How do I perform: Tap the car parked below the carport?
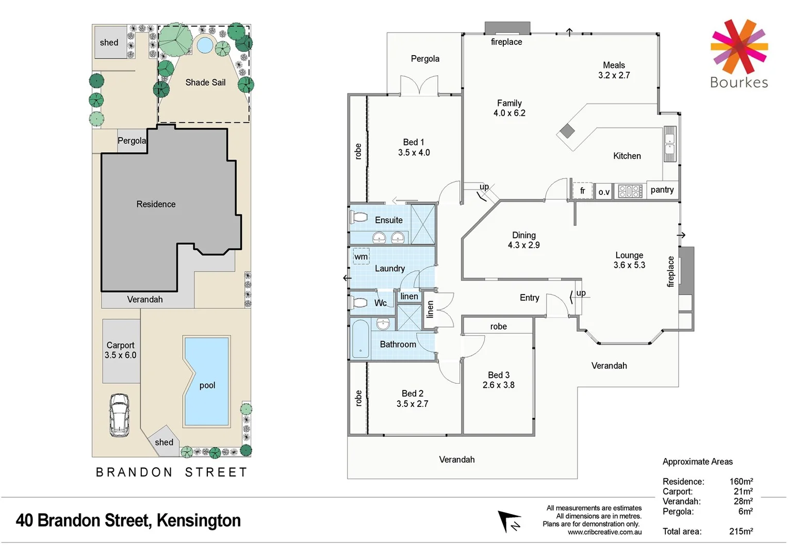(x=119, y=415)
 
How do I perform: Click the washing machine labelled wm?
(x=361, y=256)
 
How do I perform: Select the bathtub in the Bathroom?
(x=360, y=339)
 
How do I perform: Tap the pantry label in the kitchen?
(x=662, y=190)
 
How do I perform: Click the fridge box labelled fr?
(x=582, y=191)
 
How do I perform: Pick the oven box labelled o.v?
(x=603, y=192)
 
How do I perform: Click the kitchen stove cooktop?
(x=630, y=191)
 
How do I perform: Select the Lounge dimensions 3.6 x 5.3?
(x=629, y=265)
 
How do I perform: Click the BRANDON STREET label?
(x=172, y=472)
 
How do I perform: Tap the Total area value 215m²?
(x=741, y=531)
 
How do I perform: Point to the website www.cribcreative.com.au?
(x=604, y=532)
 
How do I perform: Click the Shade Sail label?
(x=205, y=83)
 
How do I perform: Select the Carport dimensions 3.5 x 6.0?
(x=120, y=355)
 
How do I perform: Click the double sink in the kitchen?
(x=669, y=144)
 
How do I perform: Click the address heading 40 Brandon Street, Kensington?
(x=128, y=520)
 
